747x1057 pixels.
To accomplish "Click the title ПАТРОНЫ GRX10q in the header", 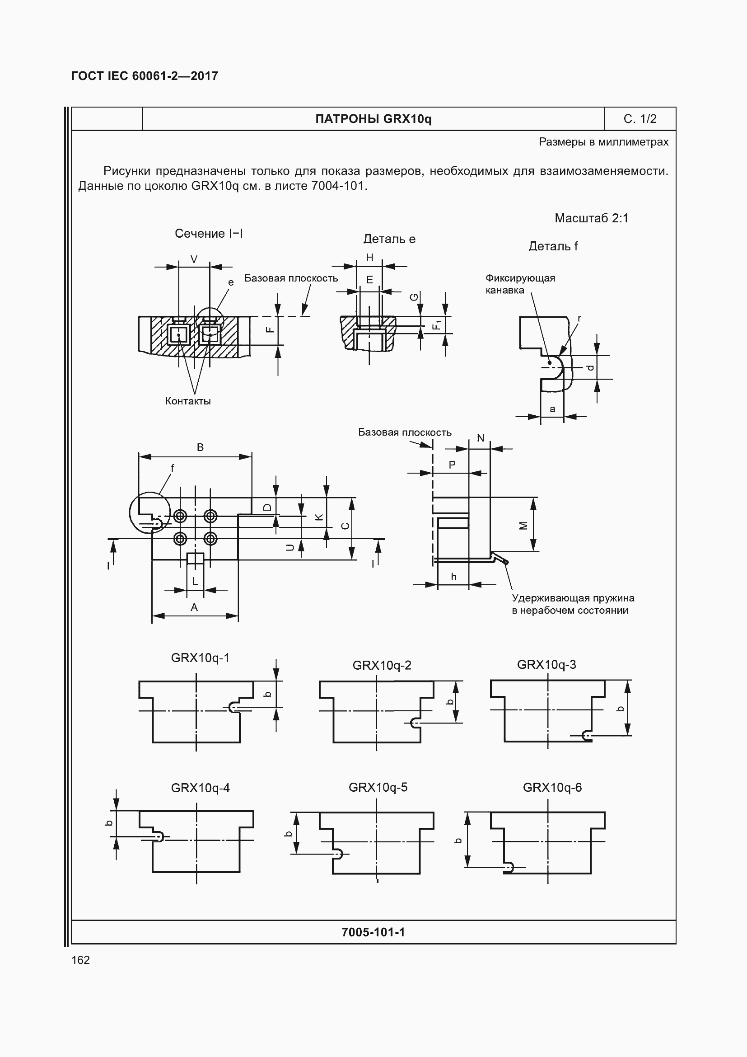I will (373, 119).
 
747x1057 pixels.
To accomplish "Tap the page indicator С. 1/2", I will (640, 119).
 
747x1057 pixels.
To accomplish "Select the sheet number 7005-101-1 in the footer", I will (373, 932).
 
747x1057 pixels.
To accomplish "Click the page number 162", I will (80, 960).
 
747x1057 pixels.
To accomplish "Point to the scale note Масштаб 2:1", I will (591, 218).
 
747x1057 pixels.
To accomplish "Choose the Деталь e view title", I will (389, 239).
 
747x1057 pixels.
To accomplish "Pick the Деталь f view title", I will (553, 246).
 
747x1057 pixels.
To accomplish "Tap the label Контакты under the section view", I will (188, 401).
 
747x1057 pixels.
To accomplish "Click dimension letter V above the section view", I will (194, 260).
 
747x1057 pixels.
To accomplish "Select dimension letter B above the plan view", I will (200, 447).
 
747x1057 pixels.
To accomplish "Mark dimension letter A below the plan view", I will (194, 608).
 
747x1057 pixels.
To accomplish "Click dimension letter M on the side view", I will (523, 525).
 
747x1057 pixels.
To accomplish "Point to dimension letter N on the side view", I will (481, 438).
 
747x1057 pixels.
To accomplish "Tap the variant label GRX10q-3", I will (546, 665).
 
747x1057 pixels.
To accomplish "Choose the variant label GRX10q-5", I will (378, 787).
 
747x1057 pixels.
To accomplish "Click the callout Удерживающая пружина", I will (573, 598).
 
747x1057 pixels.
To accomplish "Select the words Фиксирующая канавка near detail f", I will (520, 284).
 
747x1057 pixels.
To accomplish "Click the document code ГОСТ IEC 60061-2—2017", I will (145, 76).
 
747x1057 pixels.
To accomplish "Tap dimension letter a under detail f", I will (552, 409).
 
